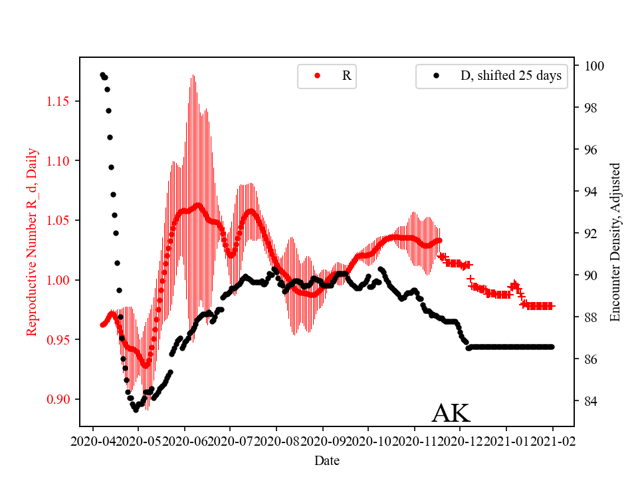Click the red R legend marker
(317, 76)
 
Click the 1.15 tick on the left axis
(59, 101)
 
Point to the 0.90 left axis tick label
(59, 399)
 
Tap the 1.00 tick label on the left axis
(59, 280)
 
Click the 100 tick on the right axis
(593, 66)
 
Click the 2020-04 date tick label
(92, 440)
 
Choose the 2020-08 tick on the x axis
(276, 440)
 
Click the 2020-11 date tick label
(415, 440)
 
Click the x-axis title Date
(327, 460)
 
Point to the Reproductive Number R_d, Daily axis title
(31, 241)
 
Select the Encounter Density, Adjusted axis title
(615, 241)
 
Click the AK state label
(451, 413)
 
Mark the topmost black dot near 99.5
(102, 75)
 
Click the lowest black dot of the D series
(136, 410)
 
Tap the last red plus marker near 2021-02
(552, 306)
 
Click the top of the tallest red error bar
(193, 75)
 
